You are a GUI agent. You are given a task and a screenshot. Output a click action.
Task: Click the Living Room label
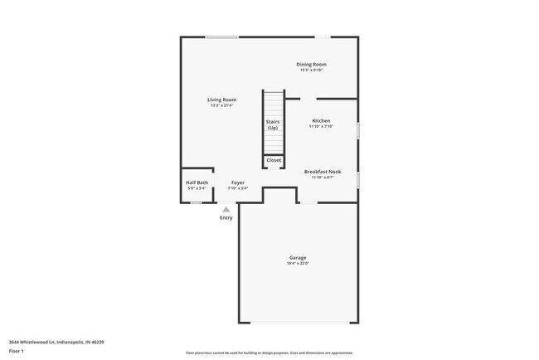click(221, 100)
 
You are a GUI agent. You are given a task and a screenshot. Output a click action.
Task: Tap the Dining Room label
click(312, 64)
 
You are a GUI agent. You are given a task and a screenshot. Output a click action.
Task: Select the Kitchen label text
click(321, 120)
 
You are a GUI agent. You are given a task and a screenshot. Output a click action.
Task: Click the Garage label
click(298, 258)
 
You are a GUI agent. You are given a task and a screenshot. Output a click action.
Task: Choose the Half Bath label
click(197, 182)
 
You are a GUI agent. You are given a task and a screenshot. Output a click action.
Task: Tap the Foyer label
click(238, 182)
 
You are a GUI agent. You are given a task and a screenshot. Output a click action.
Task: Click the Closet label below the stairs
click(274, 160)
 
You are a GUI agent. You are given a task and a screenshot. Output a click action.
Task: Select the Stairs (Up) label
click(273, 125)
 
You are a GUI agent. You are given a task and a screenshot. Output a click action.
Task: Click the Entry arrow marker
click(226, 209)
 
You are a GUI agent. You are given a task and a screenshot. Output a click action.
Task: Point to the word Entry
click(226, 218)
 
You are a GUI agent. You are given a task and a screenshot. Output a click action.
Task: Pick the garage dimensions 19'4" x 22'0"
click(298, 264)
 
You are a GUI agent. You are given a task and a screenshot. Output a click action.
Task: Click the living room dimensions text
click(221, 105)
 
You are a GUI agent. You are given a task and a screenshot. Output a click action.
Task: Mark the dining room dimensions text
click(312, 70)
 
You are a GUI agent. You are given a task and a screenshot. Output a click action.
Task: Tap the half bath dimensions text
click(197, 188)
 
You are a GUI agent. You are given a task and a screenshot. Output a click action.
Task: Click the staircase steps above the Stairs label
click(274, 104)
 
